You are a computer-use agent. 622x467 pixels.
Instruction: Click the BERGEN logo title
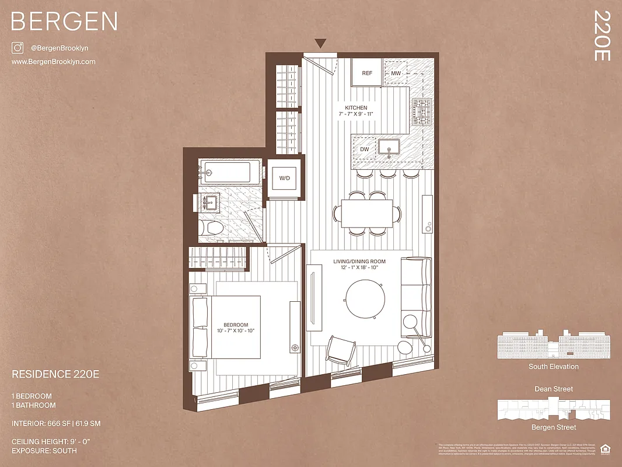[64, 22]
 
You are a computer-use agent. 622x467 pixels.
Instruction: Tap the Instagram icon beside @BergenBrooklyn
[18, 48]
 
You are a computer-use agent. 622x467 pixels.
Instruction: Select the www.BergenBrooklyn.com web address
[53, 62]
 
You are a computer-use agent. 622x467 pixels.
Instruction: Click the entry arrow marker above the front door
[320, 43]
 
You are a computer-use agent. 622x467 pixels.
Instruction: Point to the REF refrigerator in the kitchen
[367, 73]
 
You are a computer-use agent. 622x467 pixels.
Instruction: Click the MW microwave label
[396, 73]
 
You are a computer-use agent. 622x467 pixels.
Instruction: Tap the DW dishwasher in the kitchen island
[365, 149]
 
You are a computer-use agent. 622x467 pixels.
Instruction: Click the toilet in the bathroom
[209, 228]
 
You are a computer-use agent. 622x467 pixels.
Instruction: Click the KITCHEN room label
[356, 108]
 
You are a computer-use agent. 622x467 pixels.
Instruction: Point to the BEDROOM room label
[236, 325]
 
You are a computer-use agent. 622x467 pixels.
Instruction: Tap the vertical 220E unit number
[602, 36]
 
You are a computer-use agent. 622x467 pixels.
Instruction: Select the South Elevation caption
[553, 367]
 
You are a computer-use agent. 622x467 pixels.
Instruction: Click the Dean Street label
[553, 389]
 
